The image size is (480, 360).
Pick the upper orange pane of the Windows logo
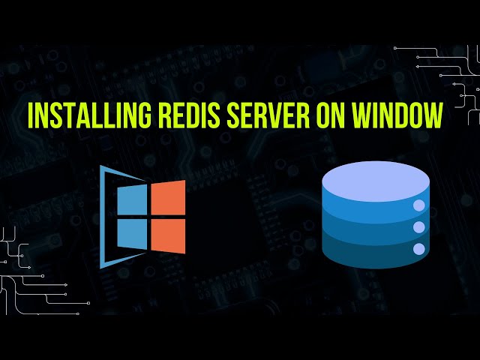pos(168,197)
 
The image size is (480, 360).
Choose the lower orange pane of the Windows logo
pos(168,236)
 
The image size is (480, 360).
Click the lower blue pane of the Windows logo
pos(132,235)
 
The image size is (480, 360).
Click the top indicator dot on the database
pos(419,205)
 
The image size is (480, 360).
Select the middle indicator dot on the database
pos(419,227)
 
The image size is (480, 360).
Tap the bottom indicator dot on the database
pos(419,248)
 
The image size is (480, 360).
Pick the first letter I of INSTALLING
pos(31,117)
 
